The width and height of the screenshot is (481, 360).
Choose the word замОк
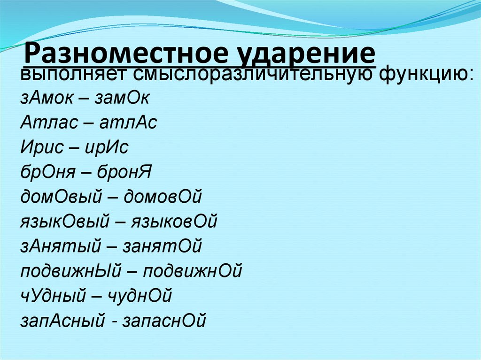pyautogui.click(x=122, y=99)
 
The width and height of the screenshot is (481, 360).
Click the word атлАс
pyautogui.click(x=128, y=123)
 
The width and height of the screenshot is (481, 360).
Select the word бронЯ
pyautogui.click(x=124, y=173)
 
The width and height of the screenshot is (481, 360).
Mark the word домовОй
pyautogui.click(x=163, y=197)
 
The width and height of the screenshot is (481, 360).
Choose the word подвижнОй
pyautogui.click(x=192, y=271)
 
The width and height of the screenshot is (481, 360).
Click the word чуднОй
pyautogui.click(x=140, y=296)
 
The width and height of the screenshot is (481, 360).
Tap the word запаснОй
pyautogui.click(x=164, y=321)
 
